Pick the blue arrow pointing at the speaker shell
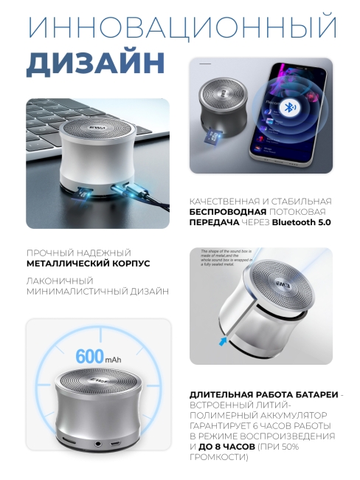tap(222, 340)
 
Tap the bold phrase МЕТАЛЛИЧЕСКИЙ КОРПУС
tap(88, 262)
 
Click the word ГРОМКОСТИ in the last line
tap(219, 458)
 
